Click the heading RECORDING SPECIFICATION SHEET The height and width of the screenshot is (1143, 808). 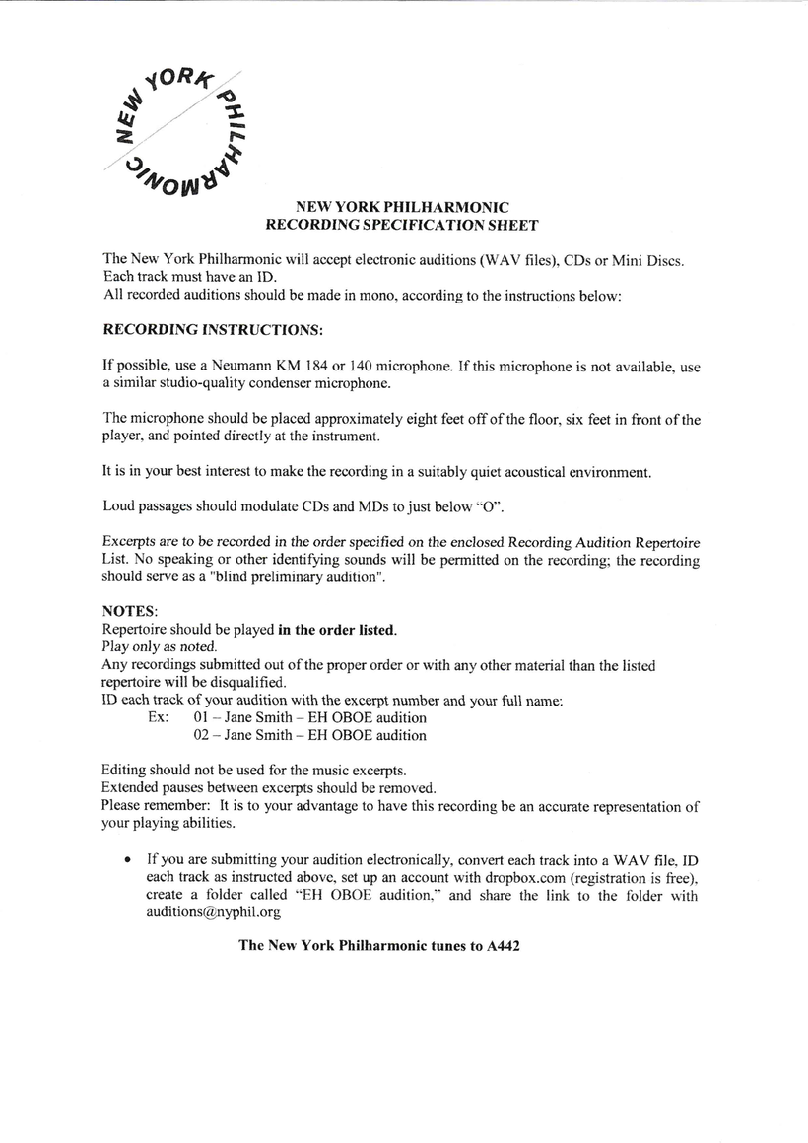pos(402,226)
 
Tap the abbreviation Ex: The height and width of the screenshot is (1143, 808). pos(159,717)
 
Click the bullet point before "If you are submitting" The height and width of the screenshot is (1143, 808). pos(128,860)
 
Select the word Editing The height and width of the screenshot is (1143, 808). pos(126,770)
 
